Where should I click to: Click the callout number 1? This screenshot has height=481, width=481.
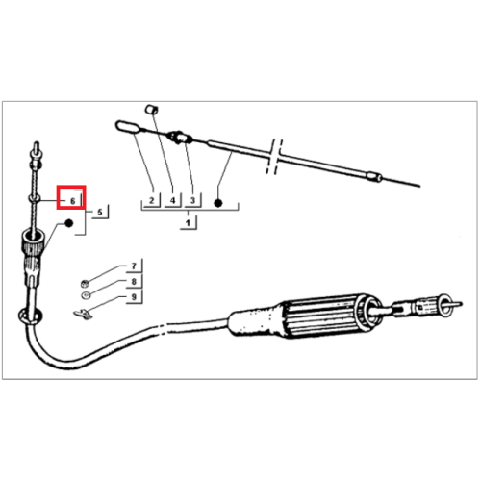click(x=188, y=222)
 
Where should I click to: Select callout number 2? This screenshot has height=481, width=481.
click(x=151, y=200)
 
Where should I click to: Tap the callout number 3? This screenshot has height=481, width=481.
click(x=192, y=200)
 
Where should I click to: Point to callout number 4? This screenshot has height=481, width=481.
click(x=173, y=200)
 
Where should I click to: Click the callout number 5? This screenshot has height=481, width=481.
click(x=100, y=212)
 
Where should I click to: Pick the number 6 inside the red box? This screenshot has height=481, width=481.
click(x=73, y=201)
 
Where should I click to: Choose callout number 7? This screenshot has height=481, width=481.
click(x=134, y=266)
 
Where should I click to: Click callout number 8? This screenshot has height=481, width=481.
click(x=134, y=281)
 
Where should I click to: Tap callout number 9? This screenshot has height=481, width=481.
click(x=134, y=297)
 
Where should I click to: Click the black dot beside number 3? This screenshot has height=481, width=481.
click(x=218, y=203)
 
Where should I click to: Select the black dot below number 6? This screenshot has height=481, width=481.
click(x=69, y=223)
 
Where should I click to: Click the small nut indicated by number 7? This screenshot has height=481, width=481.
click(x=85, y=284)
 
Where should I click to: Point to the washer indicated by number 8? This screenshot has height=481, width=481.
click(x=86, y=295)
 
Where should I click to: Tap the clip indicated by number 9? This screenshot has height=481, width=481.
click(x=83, y=315)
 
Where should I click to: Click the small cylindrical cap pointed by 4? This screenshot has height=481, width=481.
click(x=151, y=110)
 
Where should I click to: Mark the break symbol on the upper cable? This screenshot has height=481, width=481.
click(x=274, y=157)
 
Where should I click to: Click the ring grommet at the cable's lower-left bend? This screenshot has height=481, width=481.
click(x=30, y=316)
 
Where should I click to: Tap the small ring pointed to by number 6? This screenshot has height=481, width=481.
click(x=35, y=199)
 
